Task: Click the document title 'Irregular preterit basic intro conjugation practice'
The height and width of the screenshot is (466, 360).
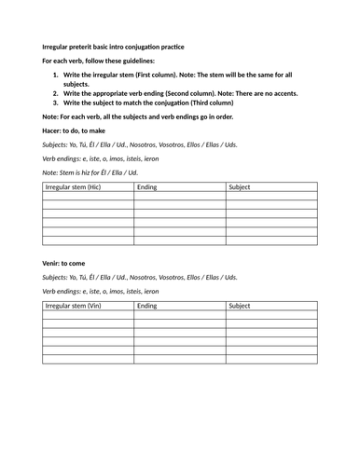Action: point(114,47)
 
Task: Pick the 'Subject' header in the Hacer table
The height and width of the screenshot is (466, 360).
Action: point(241,188)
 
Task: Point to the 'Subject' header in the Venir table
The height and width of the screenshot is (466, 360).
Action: point(241,306)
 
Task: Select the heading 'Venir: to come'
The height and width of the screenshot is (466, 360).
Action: point(70,264)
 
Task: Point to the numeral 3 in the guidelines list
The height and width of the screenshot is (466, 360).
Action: point(56,103)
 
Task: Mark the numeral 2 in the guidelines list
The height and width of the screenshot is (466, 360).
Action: point(56,93)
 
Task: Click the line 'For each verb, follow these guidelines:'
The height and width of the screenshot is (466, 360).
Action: point(98,60)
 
